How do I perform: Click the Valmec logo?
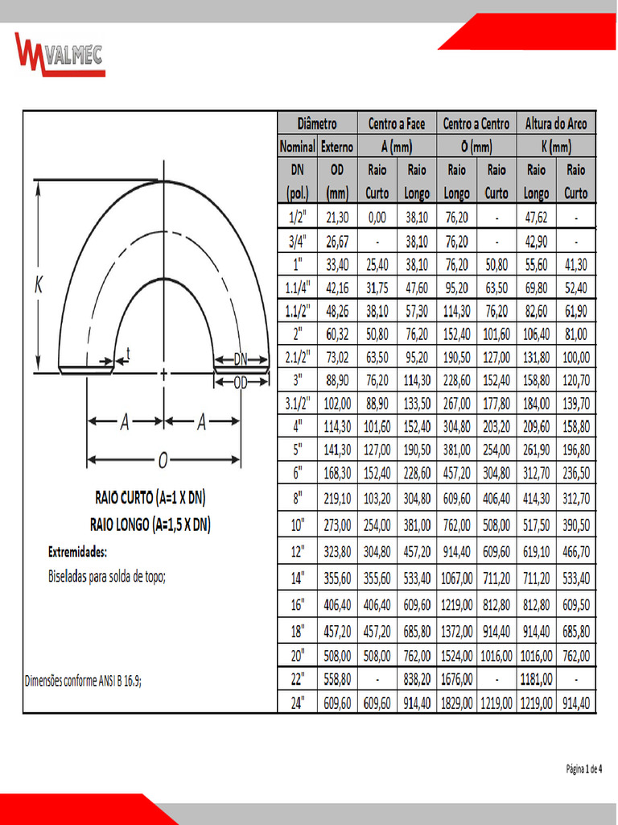tap(60, 55)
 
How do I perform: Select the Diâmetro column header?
tap(317, 123)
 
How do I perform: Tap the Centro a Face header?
tap(397, 123)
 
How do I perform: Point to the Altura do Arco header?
tap(556, 123)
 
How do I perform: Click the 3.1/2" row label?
tap(298, 404)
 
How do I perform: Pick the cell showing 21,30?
tap(337, 218)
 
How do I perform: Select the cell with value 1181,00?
tap(536, 679)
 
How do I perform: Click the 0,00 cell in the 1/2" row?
tap(377, 218)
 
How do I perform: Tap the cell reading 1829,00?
tap(456, 703)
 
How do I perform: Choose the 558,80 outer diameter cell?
tap(337, 679)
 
